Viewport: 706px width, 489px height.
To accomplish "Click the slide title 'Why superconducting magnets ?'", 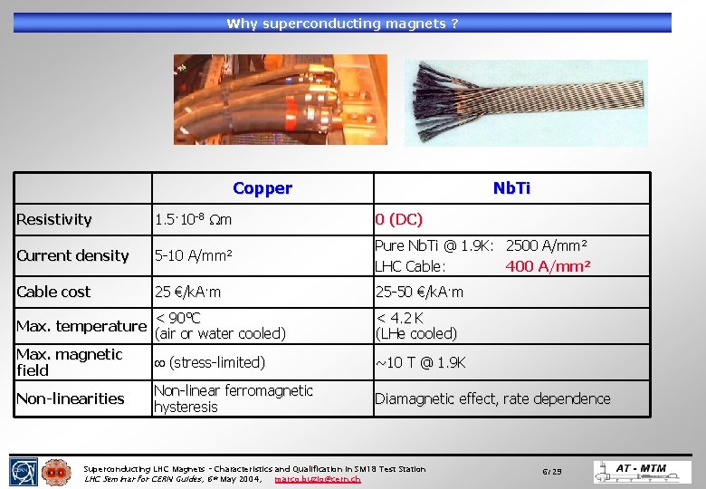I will pyautogui.click(x=342, y=24).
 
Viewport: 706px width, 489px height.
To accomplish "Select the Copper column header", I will pyautogui.click(x=262, y=188).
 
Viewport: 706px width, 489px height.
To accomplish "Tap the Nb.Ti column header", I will pyautogui.click(x=511, y=188).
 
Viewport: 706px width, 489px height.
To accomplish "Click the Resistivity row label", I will pyautogui.click(x=54, y=219).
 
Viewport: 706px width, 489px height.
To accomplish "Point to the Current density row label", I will pyautogui.click(x=72, y=255).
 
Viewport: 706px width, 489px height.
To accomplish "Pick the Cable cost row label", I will pyautogui.click(x=53, y=292).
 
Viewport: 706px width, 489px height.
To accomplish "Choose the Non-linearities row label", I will pyautogui.click(x=71, y=398).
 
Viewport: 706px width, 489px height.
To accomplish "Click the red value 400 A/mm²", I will pyautogui.click(x=548, y=266).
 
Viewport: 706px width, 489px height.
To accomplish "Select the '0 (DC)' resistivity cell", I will pyautogui.click(x=399, y=219).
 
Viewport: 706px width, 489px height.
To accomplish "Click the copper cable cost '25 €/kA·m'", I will pyautogui.click(x=188, y=292).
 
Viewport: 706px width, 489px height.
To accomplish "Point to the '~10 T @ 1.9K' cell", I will pyautogui.click(x=421, y=362).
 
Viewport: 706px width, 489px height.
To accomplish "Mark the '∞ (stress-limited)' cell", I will pyautogui.click(x=209, y=362).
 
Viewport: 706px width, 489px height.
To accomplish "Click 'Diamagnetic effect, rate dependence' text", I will pyautogui.click(x=492, y=398).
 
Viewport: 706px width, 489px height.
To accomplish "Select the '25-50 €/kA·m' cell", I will pyautogui.click(x=419, y=292).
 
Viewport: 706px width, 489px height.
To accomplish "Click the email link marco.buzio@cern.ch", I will pyautogui.click(x=317, y=478).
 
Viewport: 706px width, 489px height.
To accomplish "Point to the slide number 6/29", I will pyautogui.click(x=552, y=472).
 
